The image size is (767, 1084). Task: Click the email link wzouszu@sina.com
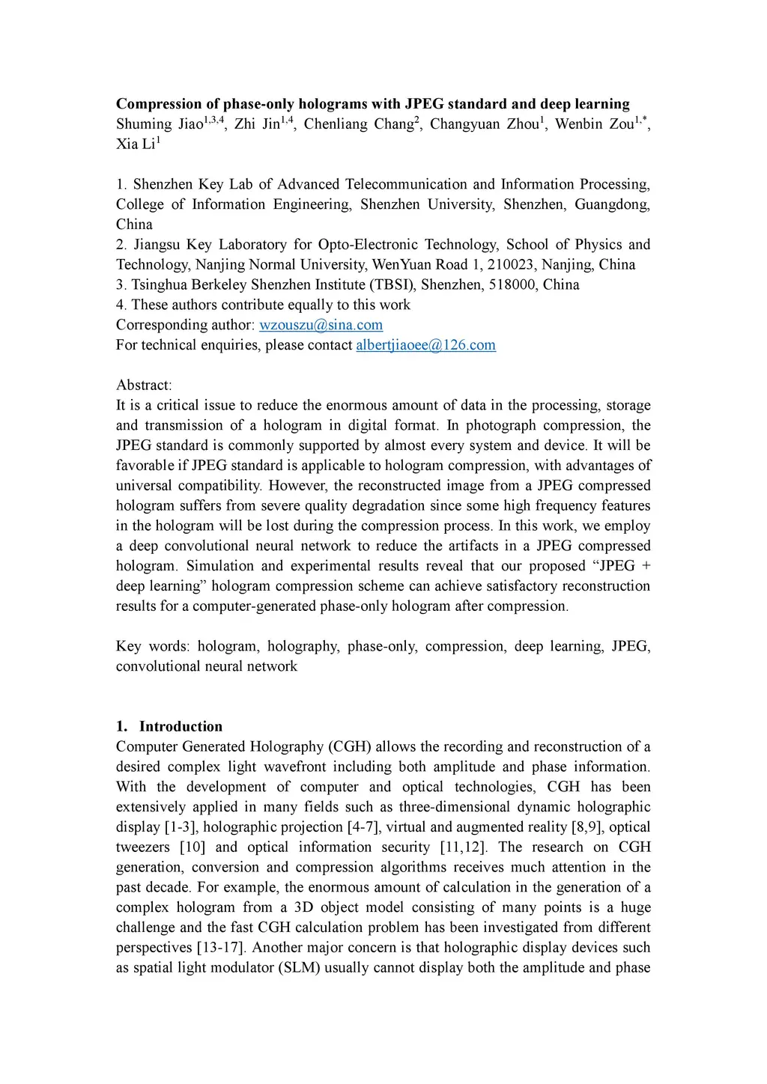click(x=321, y=325)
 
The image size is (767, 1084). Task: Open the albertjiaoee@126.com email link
click(x=425, y=345)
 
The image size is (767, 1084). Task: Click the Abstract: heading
click(x=144, y=386)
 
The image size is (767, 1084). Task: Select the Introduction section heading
click(x=181, y=726)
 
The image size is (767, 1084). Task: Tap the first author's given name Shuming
click(x=144, y=124)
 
